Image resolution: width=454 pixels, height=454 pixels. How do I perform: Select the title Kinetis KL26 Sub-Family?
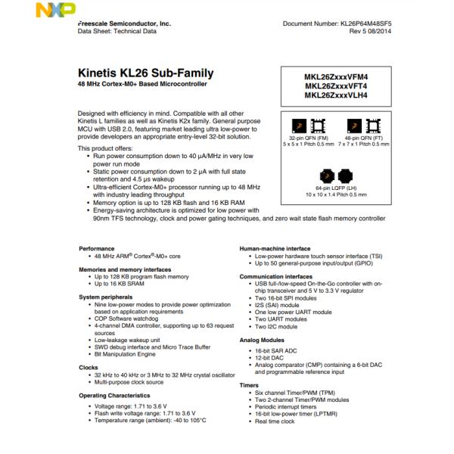click(x=146, y=73)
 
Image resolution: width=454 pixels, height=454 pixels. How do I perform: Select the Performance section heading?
click(x=98, y=247)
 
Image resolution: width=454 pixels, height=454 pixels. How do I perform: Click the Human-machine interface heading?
click(x=275, y=247)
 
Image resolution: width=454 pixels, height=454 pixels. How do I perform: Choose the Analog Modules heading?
click(x=262, y=341)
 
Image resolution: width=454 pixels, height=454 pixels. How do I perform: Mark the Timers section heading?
click(x=249, y=385)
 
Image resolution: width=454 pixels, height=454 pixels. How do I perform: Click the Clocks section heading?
click(x=89, y=367)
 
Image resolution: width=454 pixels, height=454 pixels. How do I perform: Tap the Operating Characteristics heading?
click(x=115, y=395)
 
